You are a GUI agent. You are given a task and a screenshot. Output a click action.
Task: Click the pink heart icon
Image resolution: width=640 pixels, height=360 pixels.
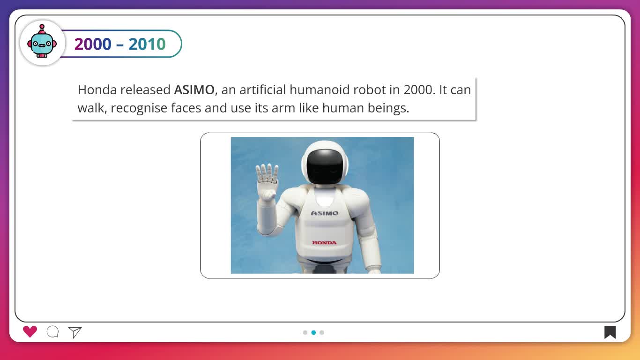click(x=30, y=332)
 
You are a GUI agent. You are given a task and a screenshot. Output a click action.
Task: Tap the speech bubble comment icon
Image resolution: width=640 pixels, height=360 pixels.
click(x=52, y=332)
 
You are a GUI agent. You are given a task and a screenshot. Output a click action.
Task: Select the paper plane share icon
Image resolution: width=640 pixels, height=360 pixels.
click(x=75, y=332)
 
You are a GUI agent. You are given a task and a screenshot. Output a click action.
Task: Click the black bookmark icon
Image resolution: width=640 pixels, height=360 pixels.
click(x=610, y=332)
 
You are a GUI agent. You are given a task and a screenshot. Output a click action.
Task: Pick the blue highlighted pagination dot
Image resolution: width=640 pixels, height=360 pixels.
click(x=313, y=332)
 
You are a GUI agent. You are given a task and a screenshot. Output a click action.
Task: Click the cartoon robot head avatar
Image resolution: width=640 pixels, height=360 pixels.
click(x=42, y=41)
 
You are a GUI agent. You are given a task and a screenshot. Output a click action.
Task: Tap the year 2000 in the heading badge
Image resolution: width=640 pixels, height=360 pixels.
click(x=93, y=44)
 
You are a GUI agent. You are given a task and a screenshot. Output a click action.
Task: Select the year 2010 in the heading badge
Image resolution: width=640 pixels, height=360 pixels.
click(x=147, y=44)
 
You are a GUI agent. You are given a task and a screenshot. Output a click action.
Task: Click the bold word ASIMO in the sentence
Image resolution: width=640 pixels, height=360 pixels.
click(x=194, y=90)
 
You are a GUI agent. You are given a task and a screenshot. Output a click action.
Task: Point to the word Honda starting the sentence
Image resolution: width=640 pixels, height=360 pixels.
click(x=97, y=90)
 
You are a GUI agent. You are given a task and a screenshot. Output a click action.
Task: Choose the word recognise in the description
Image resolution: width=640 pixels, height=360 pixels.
click(x=139, y=108)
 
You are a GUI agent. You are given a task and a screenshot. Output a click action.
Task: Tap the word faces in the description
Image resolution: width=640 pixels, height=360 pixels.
click(x=186, y=108)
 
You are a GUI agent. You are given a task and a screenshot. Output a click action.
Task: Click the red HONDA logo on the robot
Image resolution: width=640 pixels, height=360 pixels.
click(x=324, y=243)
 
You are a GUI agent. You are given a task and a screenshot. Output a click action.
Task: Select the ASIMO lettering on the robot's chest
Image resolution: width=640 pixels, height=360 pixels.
click(x=325, y=213)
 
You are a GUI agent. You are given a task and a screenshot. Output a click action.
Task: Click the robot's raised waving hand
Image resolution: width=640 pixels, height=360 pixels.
click(x=267, y=181)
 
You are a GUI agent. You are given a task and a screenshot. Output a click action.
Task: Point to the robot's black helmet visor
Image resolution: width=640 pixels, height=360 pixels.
click(x=325, y=166)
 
